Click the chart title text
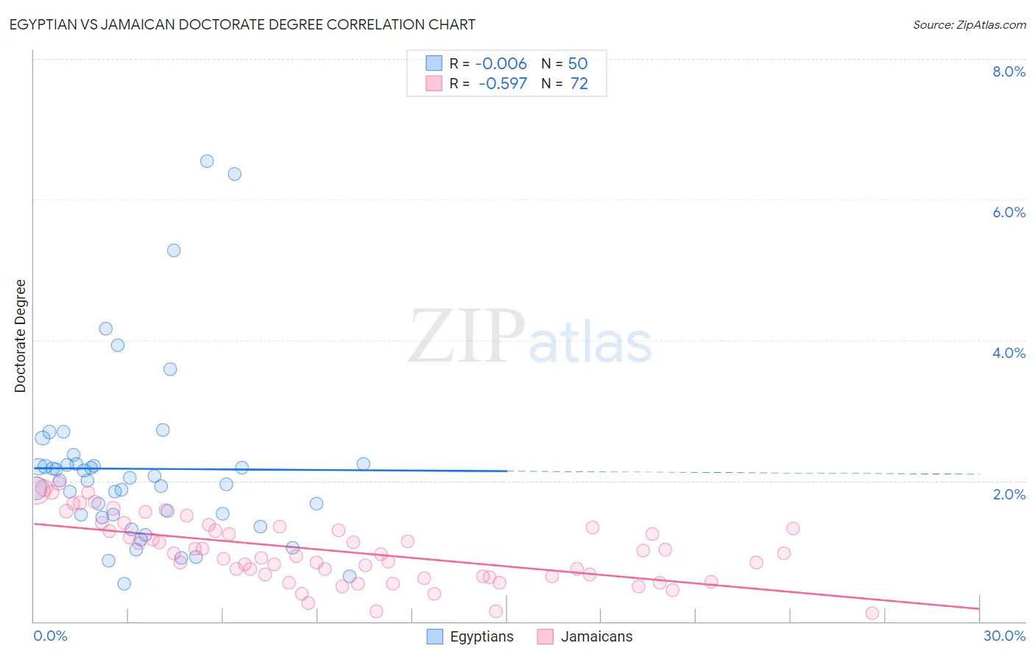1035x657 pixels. (243, 25)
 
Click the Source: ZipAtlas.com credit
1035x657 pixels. (969, 25)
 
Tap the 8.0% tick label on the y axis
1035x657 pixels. (1008, 71)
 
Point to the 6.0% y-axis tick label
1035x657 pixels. (1008, 212)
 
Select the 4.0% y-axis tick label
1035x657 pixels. (1008, 353)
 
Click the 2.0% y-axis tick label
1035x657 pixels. (1008, 494)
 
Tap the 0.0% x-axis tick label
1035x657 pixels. (50, 636)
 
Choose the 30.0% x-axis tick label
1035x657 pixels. (1004, 636)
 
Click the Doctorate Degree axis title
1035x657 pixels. (21, 336)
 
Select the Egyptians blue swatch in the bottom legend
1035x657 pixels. (435, 636)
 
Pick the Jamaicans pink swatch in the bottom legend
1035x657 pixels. (545, 636)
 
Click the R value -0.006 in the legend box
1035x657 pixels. (501, 64)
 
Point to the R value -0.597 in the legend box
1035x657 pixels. (503, 84)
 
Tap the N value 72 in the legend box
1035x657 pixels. (579, 84)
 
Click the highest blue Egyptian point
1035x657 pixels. (207, 161)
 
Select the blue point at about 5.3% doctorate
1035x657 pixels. (174, 250)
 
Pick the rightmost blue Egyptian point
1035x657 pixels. (364, 464)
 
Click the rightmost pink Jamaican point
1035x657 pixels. (872, 613)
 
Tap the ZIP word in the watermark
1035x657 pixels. (466, 337)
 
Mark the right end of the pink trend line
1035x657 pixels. (979, 608)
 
